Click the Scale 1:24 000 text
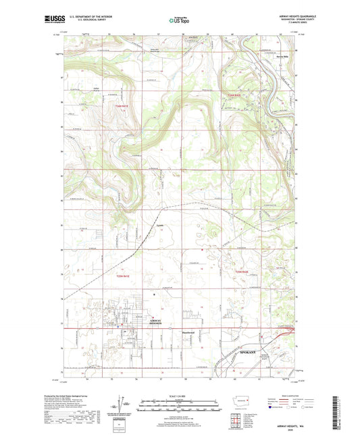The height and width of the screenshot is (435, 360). click(x=180, y=396)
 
